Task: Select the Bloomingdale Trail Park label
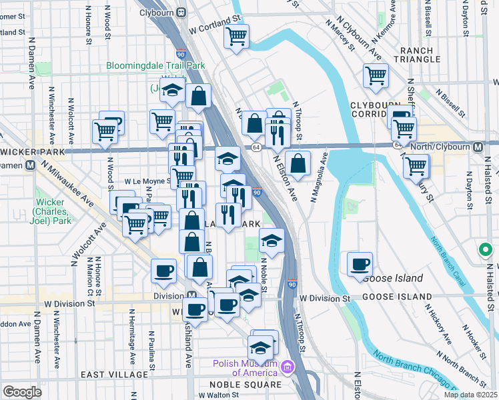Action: coord(155,66)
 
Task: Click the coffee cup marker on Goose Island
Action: coord(360,264)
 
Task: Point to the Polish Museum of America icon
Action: coord(288,367)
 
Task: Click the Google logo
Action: coord(21,392)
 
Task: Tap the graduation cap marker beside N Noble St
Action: coord(271,240)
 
